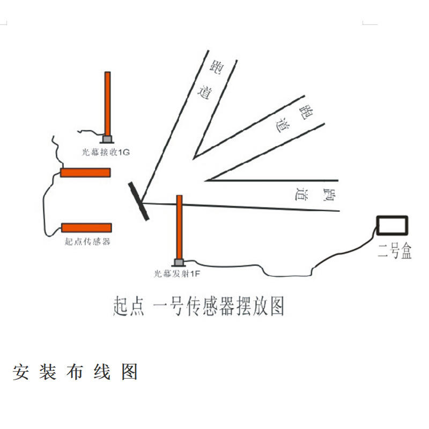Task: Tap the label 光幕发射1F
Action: [x=177, y=273]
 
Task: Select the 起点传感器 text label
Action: [x=87, y=241]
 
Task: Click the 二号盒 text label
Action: [x=395, y=252]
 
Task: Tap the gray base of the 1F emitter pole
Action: [x=179, y=262]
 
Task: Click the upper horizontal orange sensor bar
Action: [x=85, y=172]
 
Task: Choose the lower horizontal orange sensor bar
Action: [x=86, y=227]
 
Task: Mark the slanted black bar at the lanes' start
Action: [x=139, y=201]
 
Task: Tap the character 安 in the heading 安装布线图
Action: [x=21, y=372]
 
